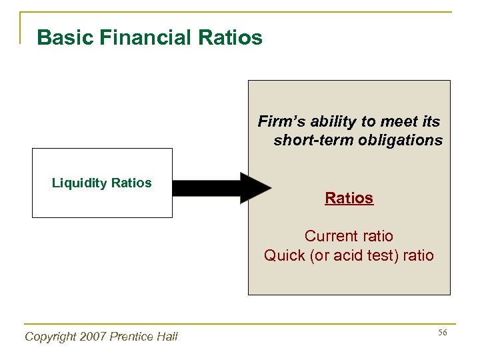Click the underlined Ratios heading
click(x=349, y=198)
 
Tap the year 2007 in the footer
click(x=97, y=337)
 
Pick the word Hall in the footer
click(x=168, y=337)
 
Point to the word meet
click(x=397, y=121)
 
